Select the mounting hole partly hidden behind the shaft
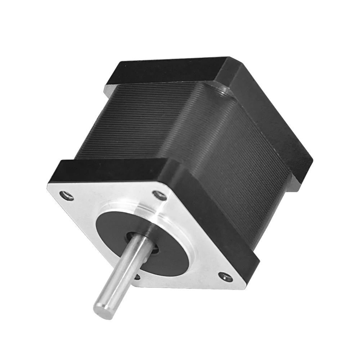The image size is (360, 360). (x=137, y=276)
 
